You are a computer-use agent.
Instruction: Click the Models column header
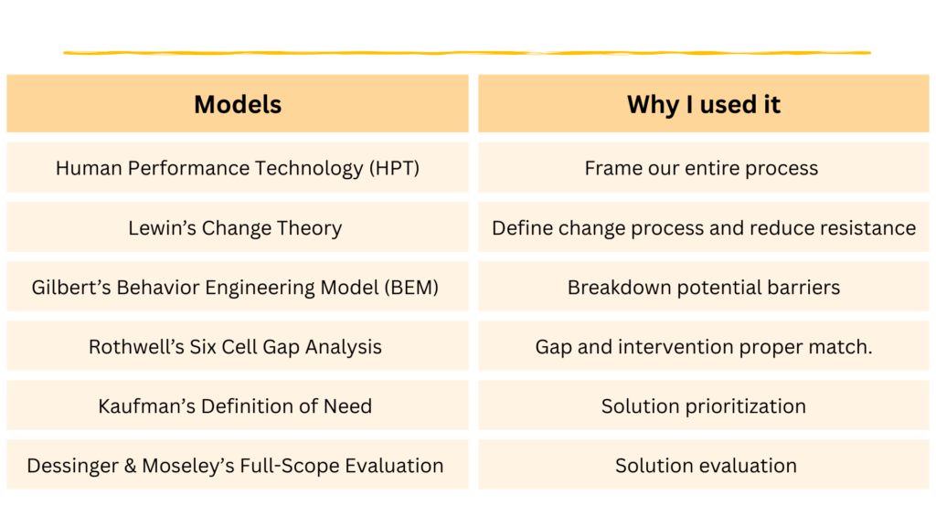(238, 104)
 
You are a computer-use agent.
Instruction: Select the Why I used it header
(703, 104)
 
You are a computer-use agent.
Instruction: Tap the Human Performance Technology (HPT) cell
(238, 168)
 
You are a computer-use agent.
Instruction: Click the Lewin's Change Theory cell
(238, 227)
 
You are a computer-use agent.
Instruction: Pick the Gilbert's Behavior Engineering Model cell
(238, 287)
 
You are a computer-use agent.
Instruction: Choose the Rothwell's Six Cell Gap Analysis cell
(238, 346)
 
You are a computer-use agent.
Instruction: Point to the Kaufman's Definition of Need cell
(238, 405)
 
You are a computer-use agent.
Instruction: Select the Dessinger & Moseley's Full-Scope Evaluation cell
(238, 465)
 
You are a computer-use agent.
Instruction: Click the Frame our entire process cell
(703, 168)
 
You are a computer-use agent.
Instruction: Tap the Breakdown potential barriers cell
(703, 287)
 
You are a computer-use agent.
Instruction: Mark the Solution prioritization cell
(703, 405)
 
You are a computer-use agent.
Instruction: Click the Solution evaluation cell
(703, 465)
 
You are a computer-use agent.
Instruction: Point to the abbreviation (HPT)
(394, 168)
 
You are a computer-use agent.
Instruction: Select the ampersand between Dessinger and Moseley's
(130, 466)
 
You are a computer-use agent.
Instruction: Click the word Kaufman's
(147, 406)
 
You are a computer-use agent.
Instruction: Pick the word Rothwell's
(136, 346)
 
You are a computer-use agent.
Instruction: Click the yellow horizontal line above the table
(467, 53)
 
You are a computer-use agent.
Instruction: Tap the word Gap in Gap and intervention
(553, 347)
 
